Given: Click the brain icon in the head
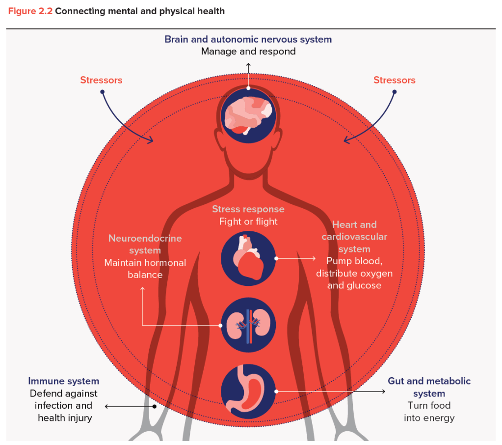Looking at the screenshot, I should [248, 115].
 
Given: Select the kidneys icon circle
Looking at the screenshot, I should [248, 325].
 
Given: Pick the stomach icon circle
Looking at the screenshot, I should [248, 391].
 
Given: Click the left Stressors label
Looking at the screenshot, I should [101, 80].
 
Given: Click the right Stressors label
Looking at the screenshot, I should [394, 80].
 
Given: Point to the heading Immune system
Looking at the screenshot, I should [63, 381].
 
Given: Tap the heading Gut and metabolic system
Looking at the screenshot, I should [429, 387].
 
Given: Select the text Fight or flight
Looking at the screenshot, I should [248, 222].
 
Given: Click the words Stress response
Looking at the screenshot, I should [248, 209].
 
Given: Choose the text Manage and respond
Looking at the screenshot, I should [248, 51].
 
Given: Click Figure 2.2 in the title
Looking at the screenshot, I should [30, 11].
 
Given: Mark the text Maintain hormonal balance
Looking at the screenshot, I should [145, 269].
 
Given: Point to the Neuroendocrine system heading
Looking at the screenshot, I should [145, 244].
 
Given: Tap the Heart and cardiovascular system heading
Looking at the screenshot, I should [354, 237].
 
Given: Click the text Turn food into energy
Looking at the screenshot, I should [429, 412].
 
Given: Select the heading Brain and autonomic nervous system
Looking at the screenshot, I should [248, 39].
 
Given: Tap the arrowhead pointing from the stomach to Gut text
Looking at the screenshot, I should [383, 391].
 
